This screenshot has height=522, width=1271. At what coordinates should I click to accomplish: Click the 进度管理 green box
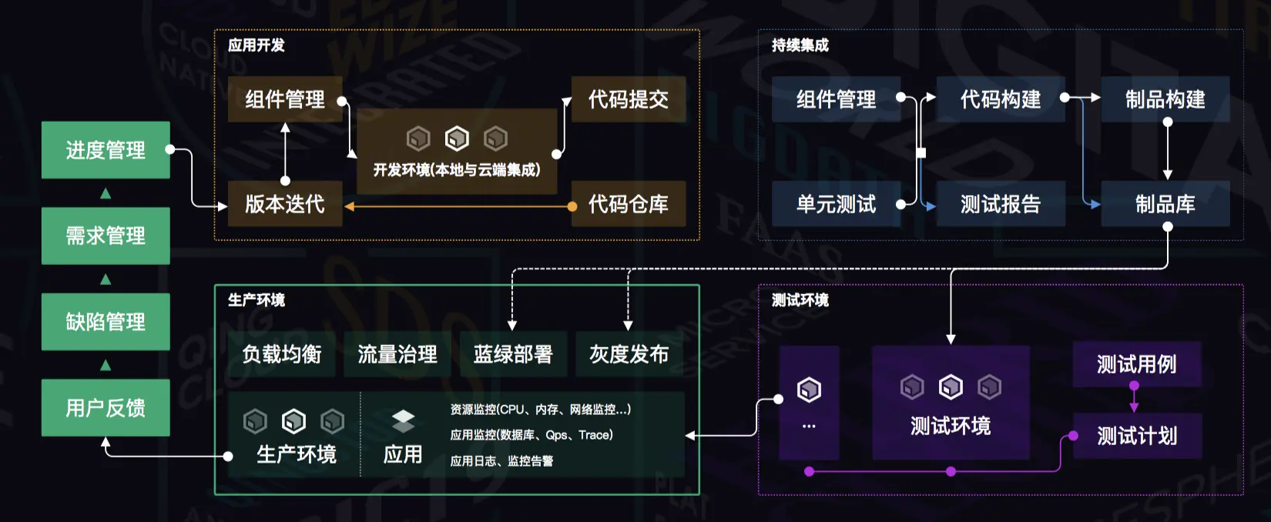click(x=106, y=150)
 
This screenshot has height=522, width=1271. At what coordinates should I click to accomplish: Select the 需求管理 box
click(x=106, y=236)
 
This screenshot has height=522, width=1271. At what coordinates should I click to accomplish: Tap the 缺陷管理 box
click(x=106, y=322)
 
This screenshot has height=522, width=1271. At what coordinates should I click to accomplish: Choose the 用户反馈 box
click(x=106, y=408)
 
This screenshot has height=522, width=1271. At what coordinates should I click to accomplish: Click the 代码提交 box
click(x=628, y=99)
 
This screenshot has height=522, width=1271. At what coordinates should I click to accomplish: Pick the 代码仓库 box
click(x=628, y=204)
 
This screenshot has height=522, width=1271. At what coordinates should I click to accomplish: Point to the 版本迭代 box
click(x=284, y=204)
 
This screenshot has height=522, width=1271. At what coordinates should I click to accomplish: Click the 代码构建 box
click(x=1000, y=99)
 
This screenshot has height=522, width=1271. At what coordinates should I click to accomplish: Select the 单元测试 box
click(x=836, y=204)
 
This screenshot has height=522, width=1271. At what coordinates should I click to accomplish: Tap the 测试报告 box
click(x=1000, y=204)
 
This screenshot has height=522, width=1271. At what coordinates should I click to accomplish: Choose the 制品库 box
click(x=1165, y=204)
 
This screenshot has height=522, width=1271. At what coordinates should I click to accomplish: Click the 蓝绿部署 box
click(x=513, y=354)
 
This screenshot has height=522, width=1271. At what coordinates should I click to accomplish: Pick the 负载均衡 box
click(x=282, y=354)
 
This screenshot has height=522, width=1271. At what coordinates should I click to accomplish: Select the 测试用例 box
click(x=1136, y=364)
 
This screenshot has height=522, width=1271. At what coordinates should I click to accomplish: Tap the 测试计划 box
click(x=1136, y=437)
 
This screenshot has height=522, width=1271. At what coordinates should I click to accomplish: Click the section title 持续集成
click(x=800, y=45)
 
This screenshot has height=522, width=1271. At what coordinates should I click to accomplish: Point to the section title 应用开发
click(x=256, y=45)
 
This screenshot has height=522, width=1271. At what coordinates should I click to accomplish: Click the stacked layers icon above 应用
click(x=403, y=421)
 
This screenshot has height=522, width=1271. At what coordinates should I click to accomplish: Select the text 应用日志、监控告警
click(x=501, y=461)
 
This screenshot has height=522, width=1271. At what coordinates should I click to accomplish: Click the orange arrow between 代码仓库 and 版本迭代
click(x=458, y=206)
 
